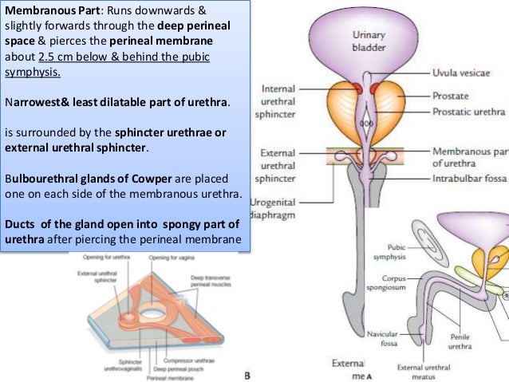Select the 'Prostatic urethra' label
(470, 112)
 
